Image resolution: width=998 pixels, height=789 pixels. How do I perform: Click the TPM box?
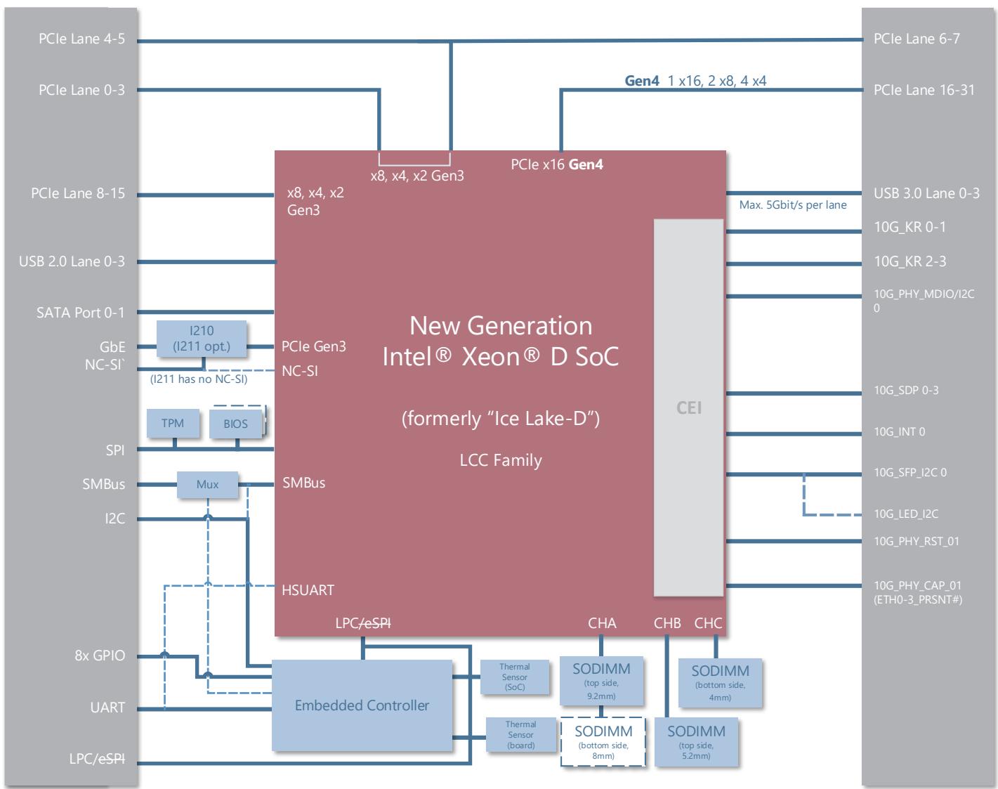pyautogui.click(x=173, y=423)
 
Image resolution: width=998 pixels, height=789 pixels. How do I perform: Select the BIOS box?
pyautogui.click(x=235, y=423)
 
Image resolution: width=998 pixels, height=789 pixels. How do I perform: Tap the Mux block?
pyautogui.click(x=207, y=485)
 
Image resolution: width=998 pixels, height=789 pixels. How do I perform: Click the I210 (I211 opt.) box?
pyautogui.click(x=202, y=339)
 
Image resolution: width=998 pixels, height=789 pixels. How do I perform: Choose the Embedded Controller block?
pyautogui.click(x=362, y=705)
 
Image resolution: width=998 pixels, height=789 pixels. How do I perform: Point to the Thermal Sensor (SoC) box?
pyautogui.click(x=515, y=677)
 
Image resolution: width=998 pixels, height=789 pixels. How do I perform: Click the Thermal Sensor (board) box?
pyautogui.click(x=521, y=734)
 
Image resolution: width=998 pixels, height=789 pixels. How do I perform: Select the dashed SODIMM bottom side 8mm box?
pyautogui.click(x=603, y=742)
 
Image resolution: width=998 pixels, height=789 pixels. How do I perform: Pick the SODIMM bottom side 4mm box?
pyautogui.click(x=720, y=683)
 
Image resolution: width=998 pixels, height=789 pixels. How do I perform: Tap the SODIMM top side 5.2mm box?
pyautogui.click(x=696, y=742)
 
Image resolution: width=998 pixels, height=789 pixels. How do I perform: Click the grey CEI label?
pyautogui.click(x=689, y=407)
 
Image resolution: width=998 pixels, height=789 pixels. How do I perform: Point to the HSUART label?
pyautogui.click(x=308, y=590)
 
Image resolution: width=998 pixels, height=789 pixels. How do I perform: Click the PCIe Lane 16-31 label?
pyautogui.click(x=924, y=89)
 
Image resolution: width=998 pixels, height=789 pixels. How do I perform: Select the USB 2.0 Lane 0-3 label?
pyautogui.click(x=72, y=261)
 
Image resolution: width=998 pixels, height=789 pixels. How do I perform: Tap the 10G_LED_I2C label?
pyautogui.click(x=906, y=514)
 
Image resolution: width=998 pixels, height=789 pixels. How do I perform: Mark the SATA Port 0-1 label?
pyautogui.click(x=81, y=313)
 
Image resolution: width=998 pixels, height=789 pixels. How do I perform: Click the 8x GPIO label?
pyautogui.click(x=100, y=655)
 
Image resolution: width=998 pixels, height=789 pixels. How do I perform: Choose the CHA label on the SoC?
pyautogui.click(x=602, y=623)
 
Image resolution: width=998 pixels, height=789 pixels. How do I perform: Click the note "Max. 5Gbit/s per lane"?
pyautogui.click(x=792, y=204)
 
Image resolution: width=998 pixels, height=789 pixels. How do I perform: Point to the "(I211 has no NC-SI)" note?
pyautogui.click(x=199, y=379)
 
